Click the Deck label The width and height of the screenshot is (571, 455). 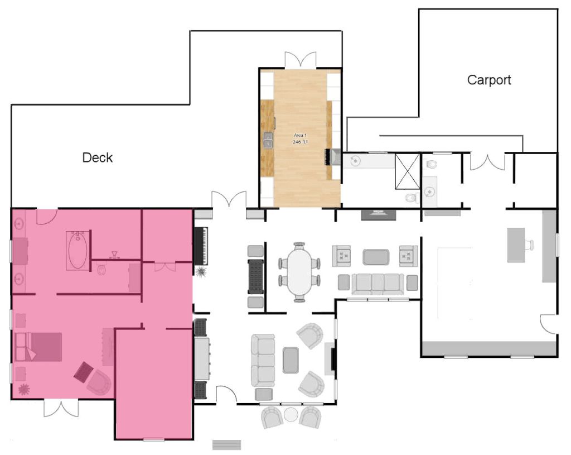[x=97, y=157]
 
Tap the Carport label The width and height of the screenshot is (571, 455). [x=489, y=80]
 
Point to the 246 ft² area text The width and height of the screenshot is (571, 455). [x=300, y=142]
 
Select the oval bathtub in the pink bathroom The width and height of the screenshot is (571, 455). [x=78, y=251]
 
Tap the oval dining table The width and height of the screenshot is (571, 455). [x=299, y=272]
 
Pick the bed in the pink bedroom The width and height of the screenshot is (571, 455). [x=38, y=347]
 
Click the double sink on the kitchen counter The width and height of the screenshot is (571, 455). [x=268, y=140]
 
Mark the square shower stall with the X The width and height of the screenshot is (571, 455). [x=408, y=171]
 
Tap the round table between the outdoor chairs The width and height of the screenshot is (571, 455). [x=291, y=415]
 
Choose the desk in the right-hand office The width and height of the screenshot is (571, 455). [x=516, y=245]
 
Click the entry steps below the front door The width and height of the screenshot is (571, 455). [x=226, y=445]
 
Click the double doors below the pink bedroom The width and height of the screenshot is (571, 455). [x=61, y=408]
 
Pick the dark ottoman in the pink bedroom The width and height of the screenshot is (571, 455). [x=84, y=372]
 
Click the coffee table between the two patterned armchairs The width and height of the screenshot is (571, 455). [x=376, y=257]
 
